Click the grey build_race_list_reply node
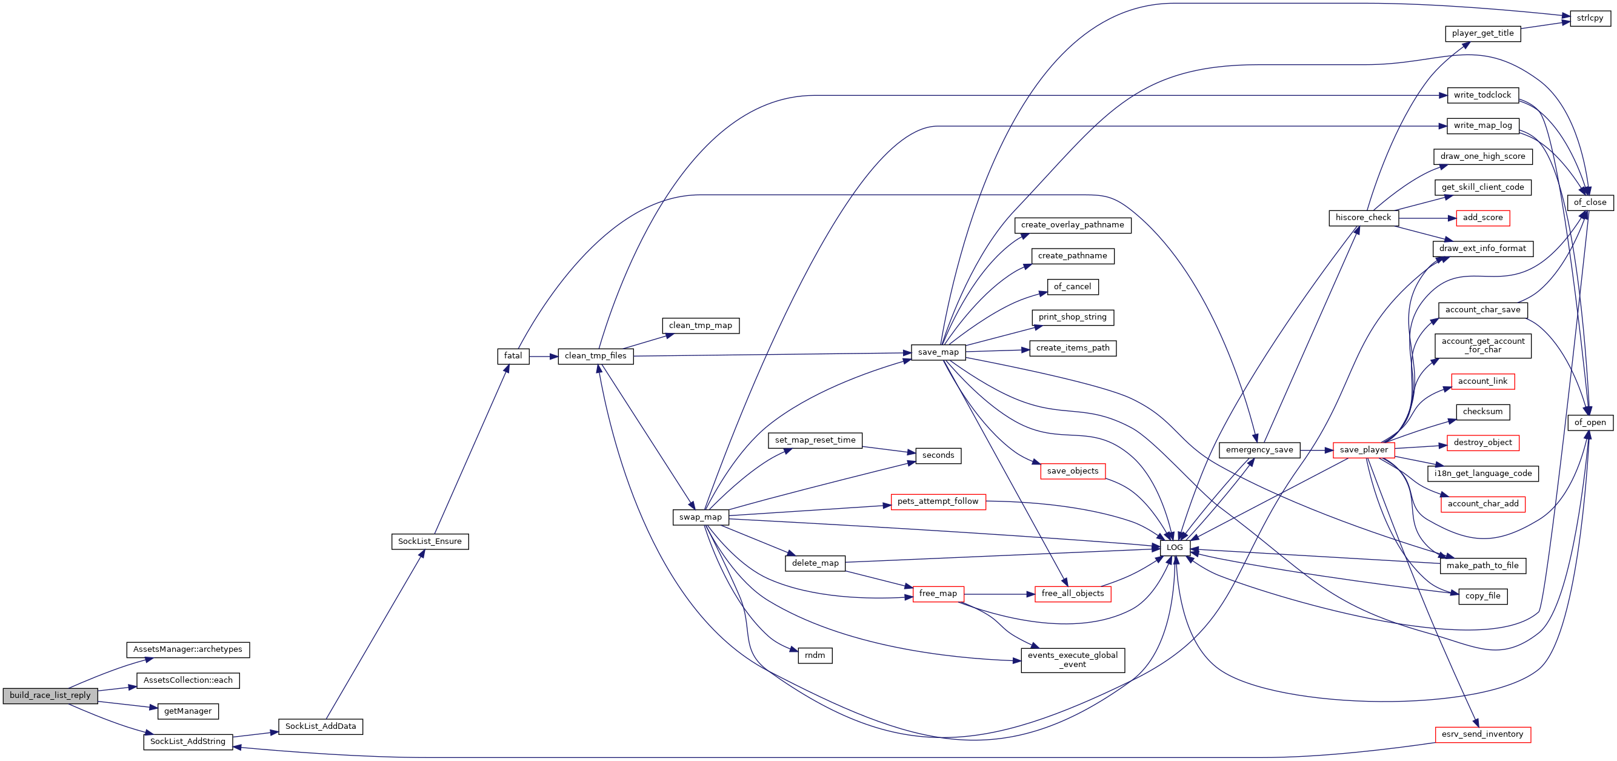pyautogui.click(x=50, y=696)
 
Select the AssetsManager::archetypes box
pyautogui.click(x=188, y=650)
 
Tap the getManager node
pyautogui.click(x=188, y=711)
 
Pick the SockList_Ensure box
pyautogui.click(x=430, y=542)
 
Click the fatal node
pyautogui.click(x=513, y=356)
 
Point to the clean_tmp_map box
pyautogui.click(x=701, y=326)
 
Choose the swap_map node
pyautogui.click(x=701, y=517)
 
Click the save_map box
pyautogui.click(x=938, y=353)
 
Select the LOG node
pyautogui.click(x=1175, y=548)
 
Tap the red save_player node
pyautogui.click(x=1364, y=450)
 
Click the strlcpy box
pyautogui.click(x=1590, y=19)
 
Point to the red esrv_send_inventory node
pyautogui.click(x=1482, y=735)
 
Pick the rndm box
pyautogui.click(x=815, y=656)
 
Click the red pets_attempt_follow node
pyautogui.click(x=938, y=502)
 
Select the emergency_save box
pyautogui.click(x=1259, y=450)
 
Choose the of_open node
pyautogui.click(x=1590, y=423)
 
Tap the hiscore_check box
pyautogui.click(x=1364, y=218)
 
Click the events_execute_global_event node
pyautogui.click(x=1073, y=660)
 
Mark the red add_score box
pyautogui.click(x=1482, y=218)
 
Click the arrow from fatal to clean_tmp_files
pyautogui.click(x=544, y=357)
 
